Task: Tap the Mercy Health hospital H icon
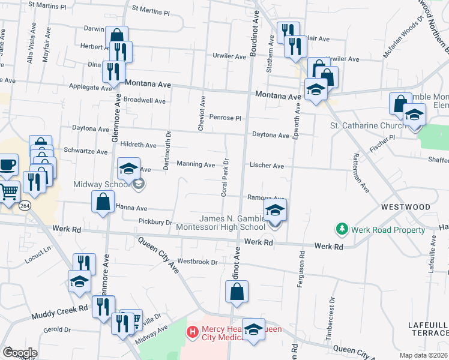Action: (192, 331)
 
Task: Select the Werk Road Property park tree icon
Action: (342, 229)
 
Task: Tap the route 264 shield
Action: (25, 206)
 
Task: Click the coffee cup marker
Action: (8, 164)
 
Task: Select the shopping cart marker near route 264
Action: (8, 192)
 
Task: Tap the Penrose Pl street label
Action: (225, 118)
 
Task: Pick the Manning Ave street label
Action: (196, 164)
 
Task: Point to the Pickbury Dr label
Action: (155, 222)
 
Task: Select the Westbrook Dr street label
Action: (197, 262)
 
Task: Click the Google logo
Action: (20, 353)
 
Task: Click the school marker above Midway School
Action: (128, 169)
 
